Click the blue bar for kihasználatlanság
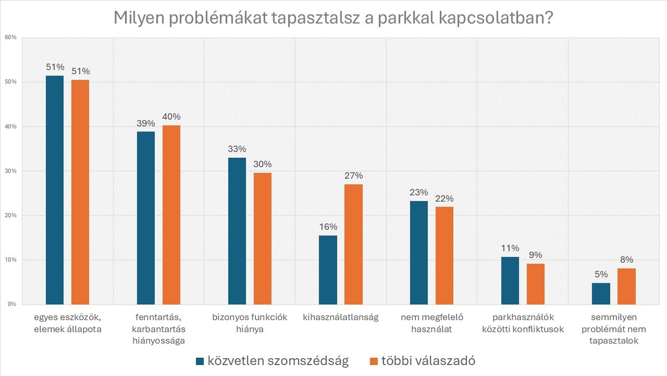pyautogui.click(x=328, y=269)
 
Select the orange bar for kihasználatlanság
pyautogui.click(x=354, y=244)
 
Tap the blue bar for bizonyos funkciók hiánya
pyautogui.click(x=237, y=231)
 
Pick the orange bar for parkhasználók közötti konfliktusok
pyautogui.click(x=535, y=284)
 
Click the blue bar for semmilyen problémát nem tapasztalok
pyautogui.click(x=601, y=294)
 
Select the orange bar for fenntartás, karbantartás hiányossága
pyautogui.click(x=171, y=215)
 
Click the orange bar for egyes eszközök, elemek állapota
pyautogui.click(x=80, y=192)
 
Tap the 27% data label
pyautogui.click(x=354, y=176)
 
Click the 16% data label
pyautogui.click(x=328, y=227)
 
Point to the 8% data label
pyautogui.click(x=627, y=260)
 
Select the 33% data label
pyautogui.click(x=237, y=149)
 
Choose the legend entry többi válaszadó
pyautogui.click(x=421, y=361)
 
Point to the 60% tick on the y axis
pyautogui.click(x=11, y=37)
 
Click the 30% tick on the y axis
pyautogui.click(x=11, y=171)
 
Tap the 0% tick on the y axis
pyautogui.click(x=12, y=304)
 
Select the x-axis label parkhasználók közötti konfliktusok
pyautogui.click(x=523, y=323)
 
